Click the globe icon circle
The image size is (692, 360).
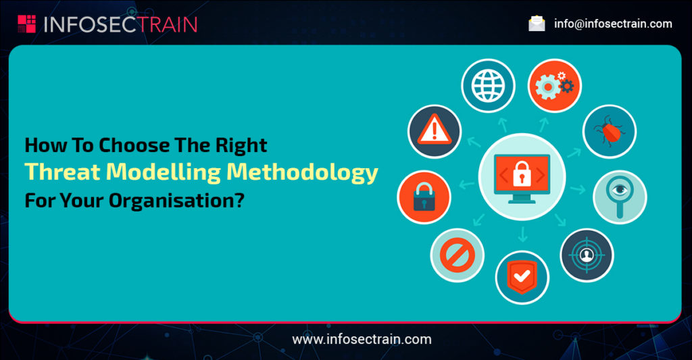click(489, 86)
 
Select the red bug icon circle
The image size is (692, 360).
click(609, 130)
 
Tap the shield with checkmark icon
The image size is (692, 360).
click(522, 277)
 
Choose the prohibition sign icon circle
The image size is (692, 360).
click(457, 255)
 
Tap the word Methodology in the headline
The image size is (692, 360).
click(302, 172)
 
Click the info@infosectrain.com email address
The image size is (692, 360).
click(613, 24)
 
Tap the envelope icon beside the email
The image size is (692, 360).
click(537, 24)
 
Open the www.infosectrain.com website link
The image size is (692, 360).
click(362, 339)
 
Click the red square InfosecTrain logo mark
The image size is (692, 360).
click(26, 24)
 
